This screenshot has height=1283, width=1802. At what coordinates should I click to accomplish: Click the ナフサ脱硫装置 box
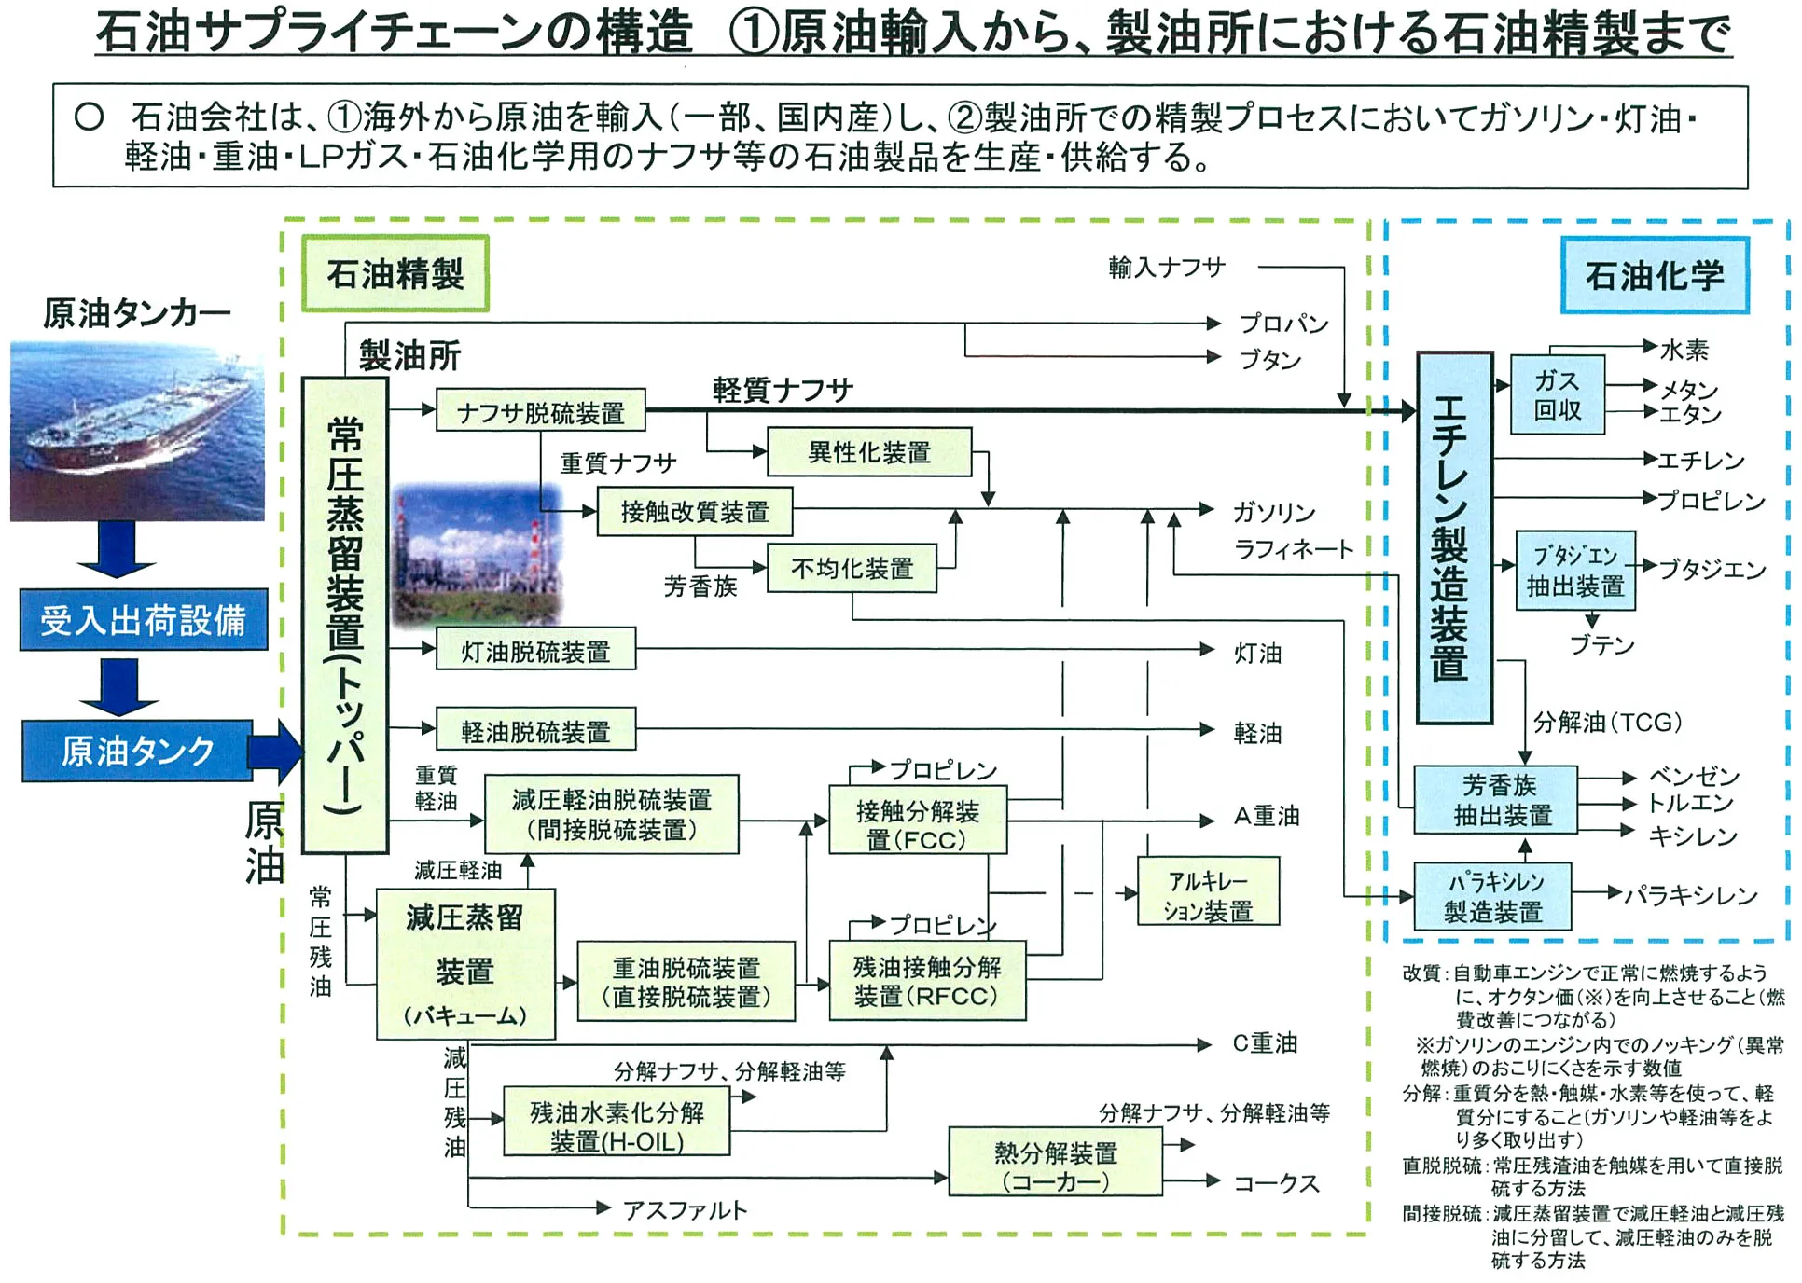(541, 410)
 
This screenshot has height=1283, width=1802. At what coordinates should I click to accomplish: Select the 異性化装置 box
(869, 452)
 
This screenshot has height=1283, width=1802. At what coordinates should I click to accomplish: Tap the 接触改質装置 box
(695, 511)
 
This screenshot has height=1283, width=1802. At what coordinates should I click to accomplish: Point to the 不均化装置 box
(852, 568)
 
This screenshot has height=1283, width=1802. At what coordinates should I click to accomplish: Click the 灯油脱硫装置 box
(535, 649)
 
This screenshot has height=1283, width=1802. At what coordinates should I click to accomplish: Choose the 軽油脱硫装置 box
(535, 729)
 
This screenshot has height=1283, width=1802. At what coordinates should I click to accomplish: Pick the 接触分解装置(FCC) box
(918, 820)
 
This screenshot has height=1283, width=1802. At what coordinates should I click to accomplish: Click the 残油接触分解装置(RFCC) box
(927, 981)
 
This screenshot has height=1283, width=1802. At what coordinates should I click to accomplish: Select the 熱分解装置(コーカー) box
(1056, 1162)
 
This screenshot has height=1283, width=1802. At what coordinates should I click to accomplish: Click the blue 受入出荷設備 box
(144, 619)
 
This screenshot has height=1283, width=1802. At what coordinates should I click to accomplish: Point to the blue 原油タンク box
(138, 750)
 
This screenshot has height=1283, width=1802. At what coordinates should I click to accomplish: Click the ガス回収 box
(1558, 394)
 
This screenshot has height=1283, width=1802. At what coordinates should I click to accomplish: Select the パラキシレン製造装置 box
(1493, 897)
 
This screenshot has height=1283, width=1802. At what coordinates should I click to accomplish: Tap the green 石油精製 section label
(395, 273)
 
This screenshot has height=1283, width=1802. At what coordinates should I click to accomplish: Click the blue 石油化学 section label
(1655, 275)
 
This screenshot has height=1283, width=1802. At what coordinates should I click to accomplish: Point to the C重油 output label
(1265, 1043)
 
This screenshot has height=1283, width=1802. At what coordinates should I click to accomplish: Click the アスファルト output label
(686, 1210)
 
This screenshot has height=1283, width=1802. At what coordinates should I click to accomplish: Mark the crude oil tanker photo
(137, 431)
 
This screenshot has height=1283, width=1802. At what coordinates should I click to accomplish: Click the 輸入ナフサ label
(1167, 268)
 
